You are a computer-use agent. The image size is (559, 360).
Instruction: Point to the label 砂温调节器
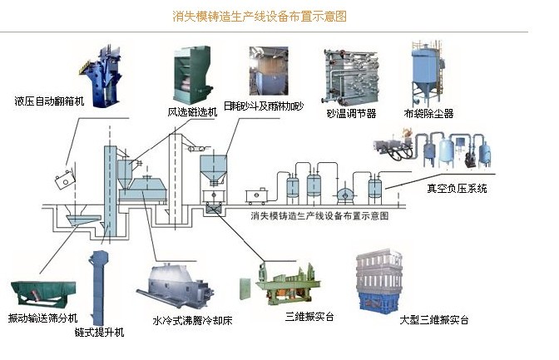351,112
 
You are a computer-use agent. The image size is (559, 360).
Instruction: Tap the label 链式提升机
103,333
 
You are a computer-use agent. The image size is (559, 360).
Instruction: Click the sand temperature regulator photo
349,76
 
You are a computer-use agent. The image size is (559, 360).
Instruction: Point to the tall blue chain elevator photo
104,287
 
